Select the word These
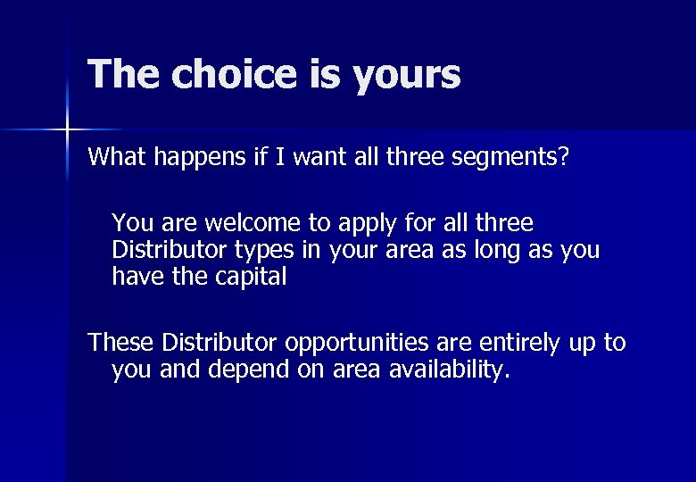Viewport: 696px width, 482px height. [x=121, y=342]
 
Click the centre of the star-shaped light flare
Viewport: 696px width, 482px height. [x=67, y=130]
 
